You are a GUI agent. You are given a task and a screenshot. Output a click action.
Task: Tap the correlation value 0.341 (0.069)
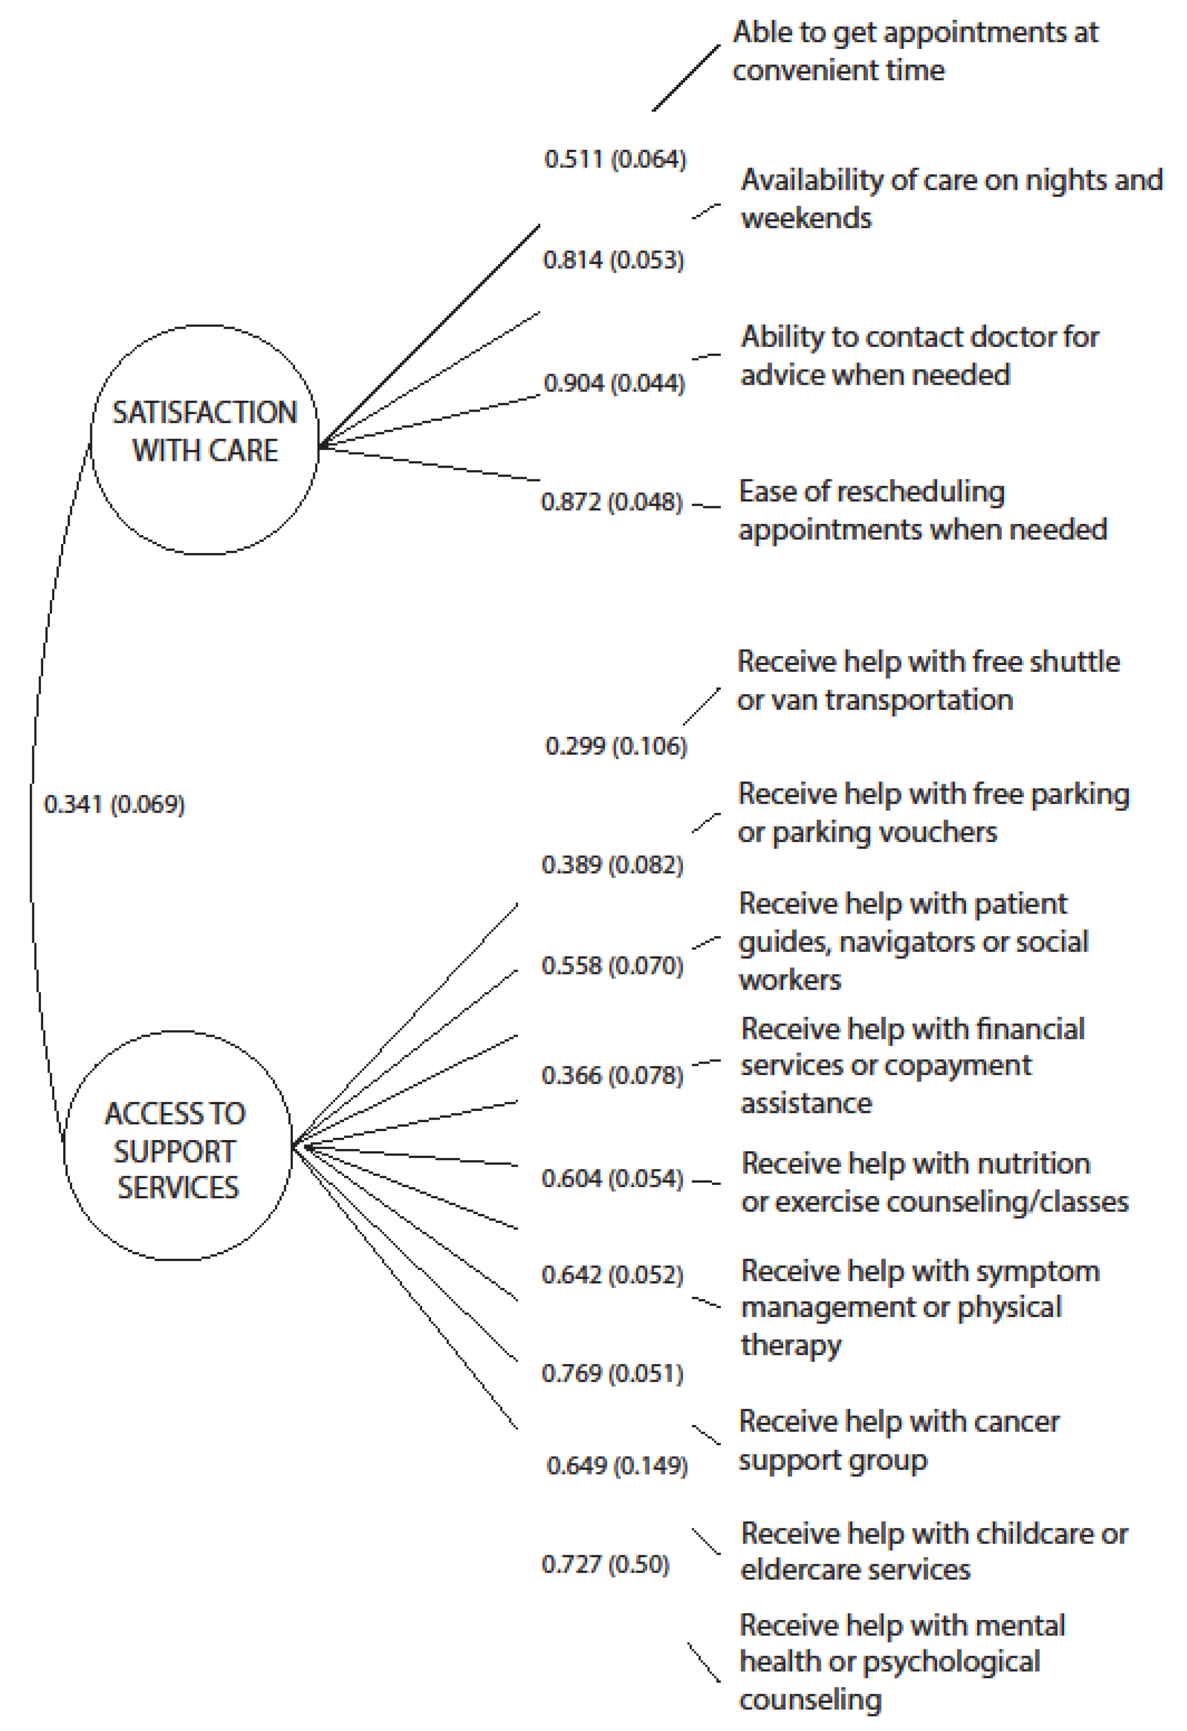(114, 805)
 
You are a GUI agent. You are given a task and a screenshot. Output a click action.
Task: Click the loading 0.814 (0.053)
(613, 261)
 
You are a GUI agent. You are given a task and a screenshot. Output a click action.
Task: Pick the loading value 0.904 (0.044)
(614, 383)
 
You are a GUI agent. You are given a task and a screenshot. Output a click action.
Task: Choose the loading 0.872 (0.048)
(612, 502)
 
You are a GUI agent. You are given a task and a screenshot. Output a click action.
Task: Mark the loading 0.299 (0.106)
(616, 746)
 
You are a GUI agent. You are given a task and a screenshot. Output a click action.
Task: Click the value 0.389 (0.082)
(612, 865)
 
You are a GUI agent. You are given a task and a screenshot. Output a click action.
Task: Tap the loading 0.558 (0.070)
(612, 966)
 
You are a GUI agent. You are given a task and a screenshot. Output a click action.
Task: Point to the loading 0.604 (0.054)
(612, 1179)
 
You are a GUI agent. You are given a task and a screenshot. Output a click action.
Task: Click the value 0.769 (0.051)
(612, 1374)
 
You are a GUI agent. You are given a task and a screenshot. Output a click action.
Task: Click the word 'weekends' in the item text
(806, 219)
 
